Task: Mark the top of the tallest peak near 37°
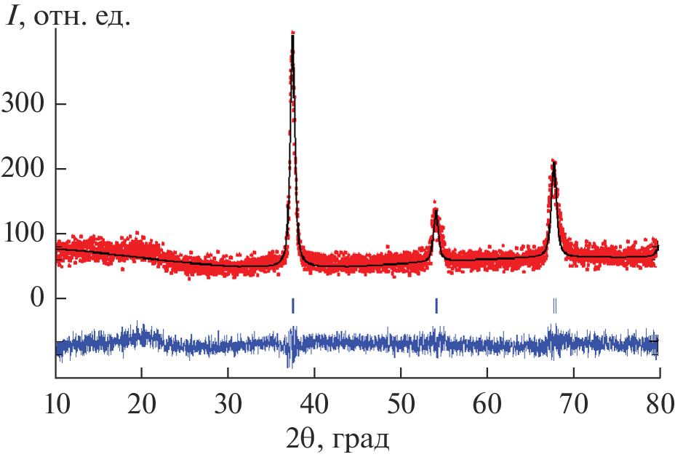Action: click(x=292, y=33)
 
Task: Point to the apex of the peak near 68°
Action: click(x=554, y=162)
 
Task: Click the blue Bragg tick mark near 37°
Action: click(x=292, y=306)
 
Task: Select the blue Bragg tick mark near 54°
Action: click(x=436, y=306)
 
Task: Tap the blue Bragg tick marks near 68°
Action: click(x=554, y=306)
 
